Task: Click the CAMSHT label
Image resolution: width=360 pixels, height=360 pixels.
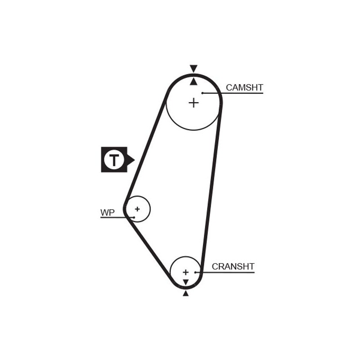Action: click(x=244, y=87)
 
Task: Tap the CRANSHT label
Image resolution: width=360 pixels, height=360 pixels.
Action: click(x=233, y=266)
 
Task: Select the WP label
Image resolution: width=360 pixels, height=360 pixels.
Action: click(x=108, y=212)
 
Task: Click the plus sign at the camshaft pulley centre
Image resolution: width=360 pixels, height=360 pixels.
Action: click(x=193, y=103)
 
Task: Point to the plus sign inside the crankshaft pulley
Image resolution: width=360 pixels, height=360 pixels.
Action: click(x=185, y=272)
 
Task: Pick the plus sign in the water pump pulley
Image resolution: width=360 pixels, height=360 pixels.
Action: click(x=137, y=209)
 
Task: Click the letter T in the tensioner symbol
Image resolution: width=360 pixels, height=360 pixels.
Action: click(x=114, y=160)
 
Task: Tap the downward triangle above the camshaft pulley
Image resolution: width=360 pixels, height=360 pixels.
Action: click(x=193, y=69)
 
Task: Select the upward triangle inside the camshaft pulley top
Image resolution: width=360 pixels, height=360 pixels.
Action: click(x=193, y=81)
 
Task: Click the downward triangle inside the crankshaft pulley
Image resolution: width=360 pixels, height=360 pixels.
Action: click(x=186, y=282)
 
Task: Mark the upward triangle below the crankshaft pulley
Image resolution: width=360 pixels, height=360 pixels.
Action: click(x=186, y=293)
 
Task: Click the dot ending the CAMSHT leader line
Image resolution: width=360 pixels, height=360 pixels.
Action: click(x=202, y=93)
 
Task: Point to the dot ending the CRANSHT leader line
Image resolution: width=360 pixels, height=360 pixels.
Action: click(x=195, y=273)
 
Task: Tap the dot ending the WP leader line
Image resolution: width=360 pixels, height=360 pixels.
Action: click(x=134, y=217)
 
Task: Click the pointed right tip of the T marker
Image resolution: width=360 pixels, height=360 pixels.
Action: click(x=135, y=160)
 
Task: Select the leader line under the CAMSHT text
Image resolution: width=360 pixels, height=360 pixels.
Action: click(x=233, y=93)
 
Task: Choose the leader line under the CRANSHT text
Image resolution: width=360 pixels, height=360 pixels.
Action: click(x=225, y=273)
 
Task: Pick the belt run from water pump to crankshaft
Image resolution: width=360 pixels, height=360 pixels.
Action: click(x=149, y=250)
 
